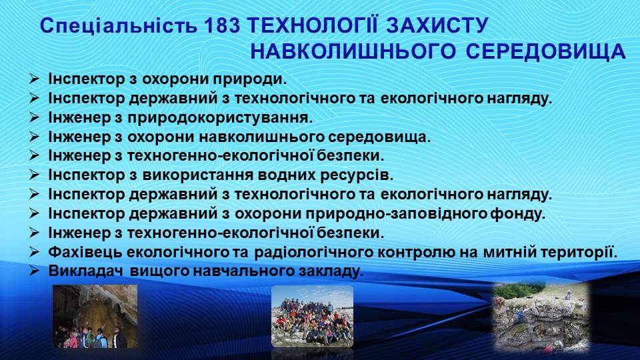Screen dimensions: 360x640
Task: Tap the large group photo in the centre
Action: [312, 316]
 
